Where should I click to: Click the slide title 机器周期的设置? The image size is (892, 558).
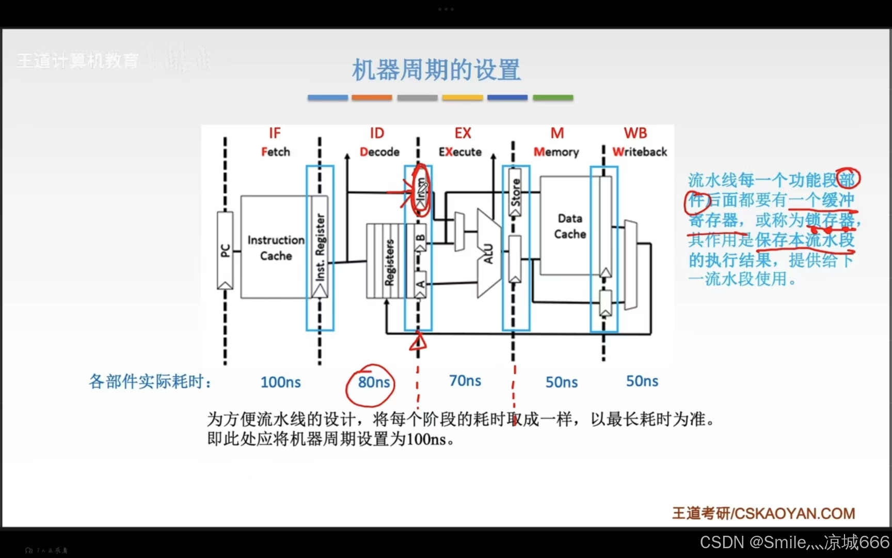click(436, 70)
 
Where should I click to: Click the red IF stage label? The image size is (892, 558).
click(275, 133)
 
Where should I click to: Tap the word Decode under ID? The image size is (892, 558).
click(379, 152)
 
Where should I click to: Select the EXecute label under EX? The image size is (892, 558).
click(460, 152)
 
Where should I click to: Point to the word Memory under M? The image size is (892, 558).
click(556, 152)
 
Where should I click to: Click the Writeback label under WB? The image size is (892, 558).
click(640, 152)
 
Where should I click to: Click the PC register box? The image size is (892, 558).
click(225, 250)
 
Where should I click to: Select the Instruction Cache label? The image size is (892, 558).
click(276, 248)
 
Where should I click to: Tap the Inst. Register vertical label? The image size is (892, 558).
click(321, 247)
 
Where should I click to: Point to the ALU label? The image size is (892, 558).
click(488, 253)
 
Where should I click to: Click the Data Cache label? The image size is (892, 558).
click(570, 226)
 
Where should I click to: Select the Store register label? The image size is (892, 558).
click(516, 192)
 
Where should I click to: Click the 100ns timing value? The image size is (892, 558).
click(280, 382)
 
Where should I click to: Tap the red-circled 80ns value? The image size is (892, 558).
click(374, 382)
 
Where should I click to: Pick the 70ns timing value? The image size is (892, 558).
click(465, 381)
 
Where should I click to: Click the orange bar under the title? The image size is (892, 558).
click(372, 98)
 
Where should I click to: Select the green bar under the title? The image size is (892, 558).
click(553, 98)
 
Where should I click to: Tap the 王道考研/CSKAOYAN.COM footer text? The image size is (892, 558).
click(763, 514)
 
